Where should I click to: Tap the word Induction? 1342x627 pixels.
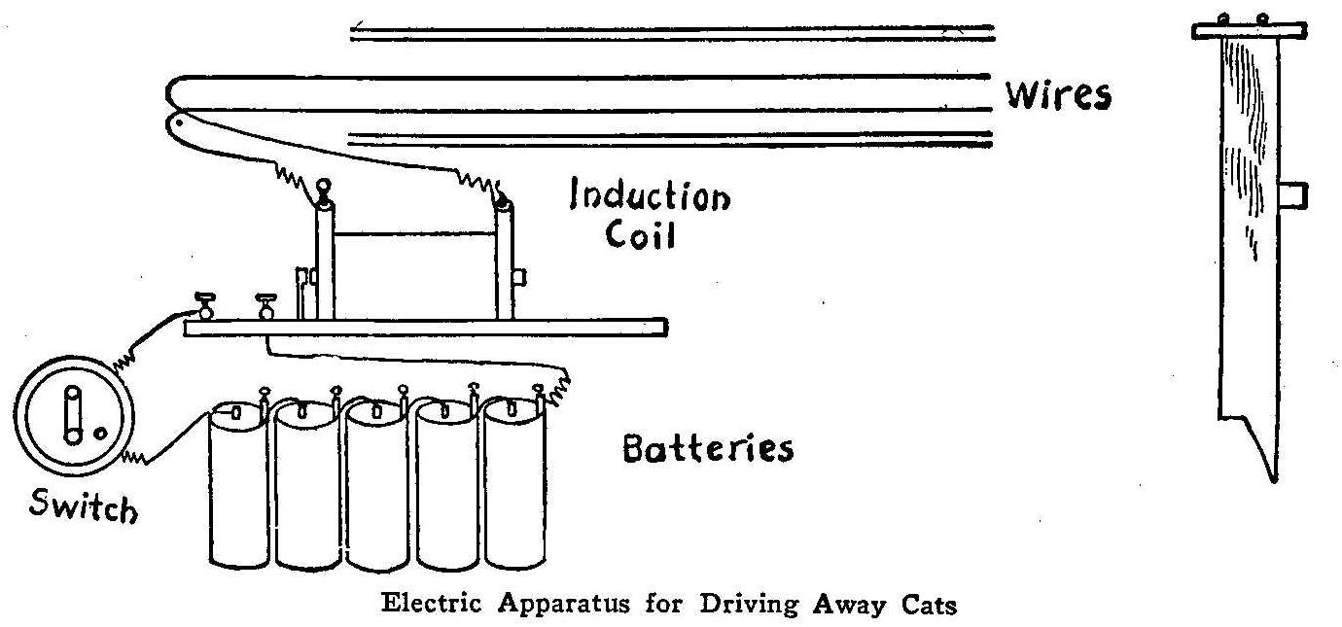coord(650,197)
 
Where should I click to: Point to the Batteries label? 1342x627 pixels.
coord(707,449)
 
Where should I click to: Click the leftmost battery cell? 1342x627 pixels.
coord(236,486)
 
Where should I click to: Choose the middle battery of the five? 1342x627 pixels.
coord(376,486)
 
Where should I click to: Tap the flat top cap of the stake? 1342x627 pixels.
coord(1247,30)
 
